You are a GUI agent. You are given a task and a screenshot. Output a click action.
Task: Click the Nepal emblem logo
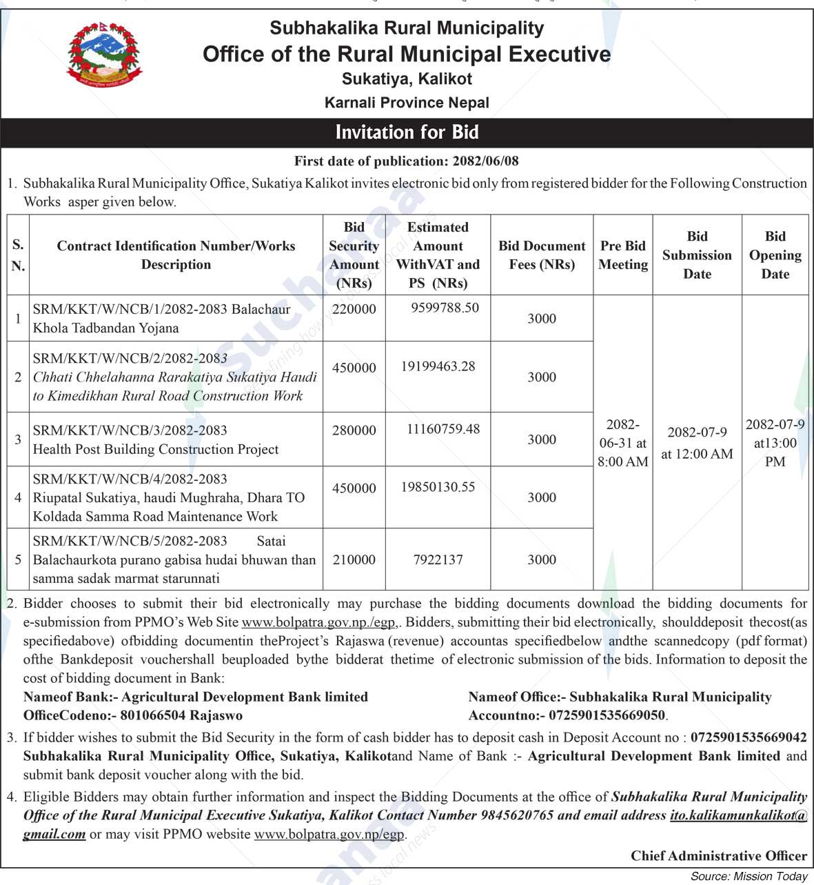(104, 54)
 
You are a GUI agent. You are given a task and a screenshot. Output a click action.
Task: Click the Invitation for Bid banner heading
(407, 132)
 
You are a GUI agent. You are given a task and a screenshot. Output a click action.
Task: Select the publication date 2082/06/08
(485, 161)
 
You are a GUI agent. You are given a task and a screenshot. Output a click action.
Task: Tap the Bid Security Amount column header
(354, 255)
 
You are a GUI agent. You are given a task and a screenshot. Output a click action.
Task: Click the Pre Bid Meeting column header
(623, 255)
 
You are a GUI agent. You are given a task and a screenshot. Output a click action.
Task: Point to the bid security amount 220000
(354, 309)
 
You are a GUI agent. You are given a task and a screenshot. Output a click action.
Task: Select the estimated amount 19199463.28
(438, 366)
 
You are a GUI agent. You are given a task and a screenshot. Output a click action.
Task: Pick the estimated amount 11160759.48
(443, 429)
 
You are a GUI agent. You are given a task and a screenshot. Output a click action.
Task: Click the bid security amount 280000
(354, 430)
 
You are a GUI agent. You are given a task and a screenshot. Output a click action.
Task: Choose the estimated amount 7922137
(438, 559)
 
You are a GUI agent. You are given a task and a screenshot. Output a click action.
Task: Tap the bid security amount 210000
(354, 559)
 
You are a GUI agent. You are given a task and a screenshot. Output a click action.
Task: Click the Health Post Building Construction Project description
(156, 449)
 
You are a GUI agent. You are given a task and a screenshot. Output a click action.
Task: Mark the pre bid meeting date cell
(623, 443)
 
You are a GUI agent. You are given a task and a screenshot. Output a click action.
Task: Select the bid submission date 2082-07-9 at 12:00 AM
(697, 443)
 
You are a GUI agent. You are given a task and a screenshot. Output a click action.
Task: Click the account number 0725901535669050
(607, 715)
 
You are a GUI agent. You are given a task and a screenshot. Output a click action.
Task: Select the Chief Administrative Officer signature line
(718, 856)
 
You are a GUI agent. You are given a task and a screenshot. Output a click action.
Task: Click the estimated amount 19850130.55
(438, 487)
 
